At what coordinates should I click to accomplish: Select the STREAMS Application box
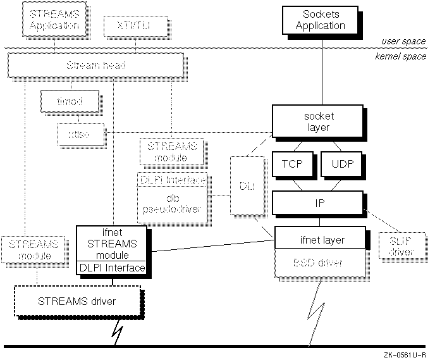[54, 20]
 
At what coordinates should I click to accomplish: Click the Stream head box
[95, 65]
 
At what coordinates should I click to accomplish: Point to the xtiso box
[80, 134]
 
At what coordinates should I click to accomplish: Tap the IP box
[318, 202]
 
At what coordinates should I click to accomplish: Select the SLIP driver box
[397, 245]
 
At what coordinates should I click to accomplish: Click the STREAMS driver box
[77, 301]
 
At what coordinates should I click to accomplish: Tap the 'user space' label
[403, 41]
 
